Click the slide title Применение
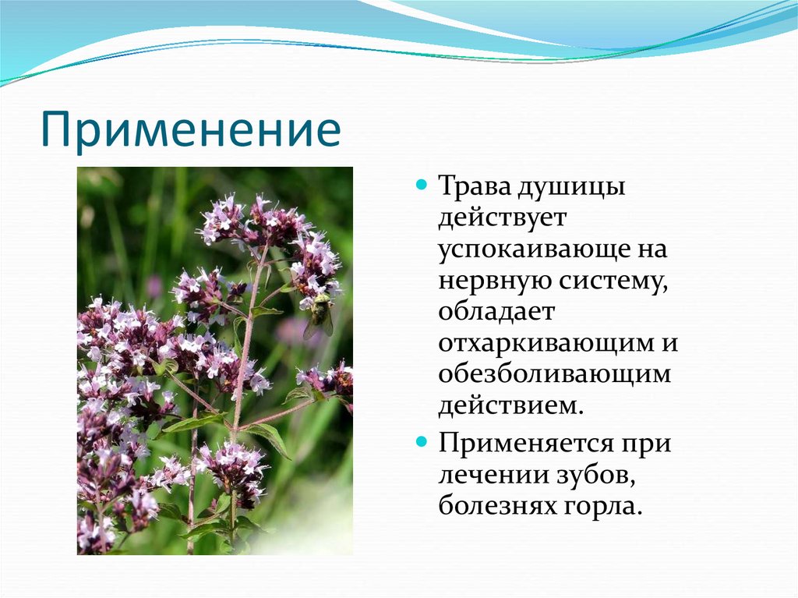tap(190, 129)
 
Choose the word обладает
tap(496, 311)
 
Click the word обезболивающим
tap(555, 374)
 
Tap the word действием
tap(510, 406)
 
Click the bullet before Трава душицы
tap(421, 184)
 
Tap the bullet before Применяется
tap(421, 441)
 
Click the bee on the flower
tap(319, 315)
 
